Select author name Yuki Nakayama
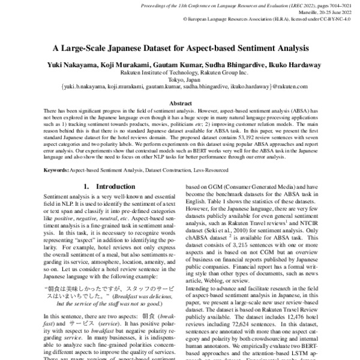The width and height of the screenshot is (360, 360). [71, 64]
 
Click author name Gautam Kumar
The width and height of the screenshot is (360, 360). [179, 64]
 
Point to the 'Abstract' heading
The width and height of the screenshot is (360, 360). [180, 103]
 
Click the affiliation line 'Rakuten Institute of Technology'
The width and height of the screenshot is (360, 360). [180, 71]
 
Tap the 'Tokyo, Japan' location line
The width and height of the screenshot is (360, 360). [180, 79]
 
